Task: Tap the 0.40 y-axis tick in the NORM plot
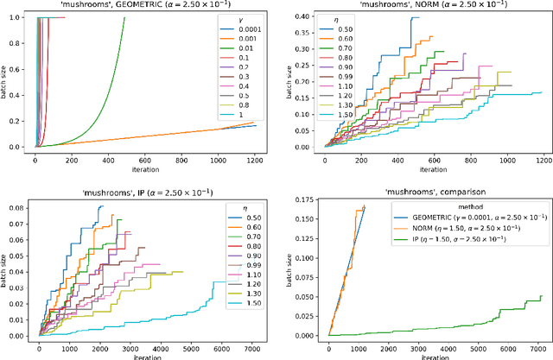(x=308, y=17)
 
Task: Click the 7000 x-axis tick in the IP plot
(x=252, y=346)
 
